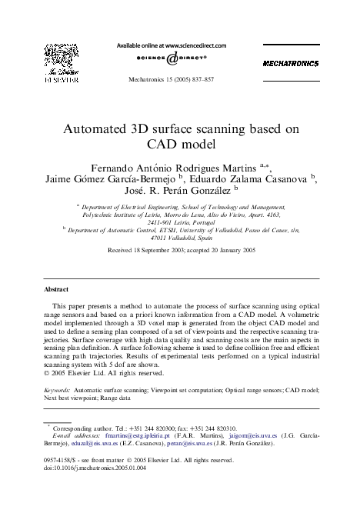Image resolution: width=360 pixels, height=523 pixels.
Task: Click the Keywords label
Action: (55, 391)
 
